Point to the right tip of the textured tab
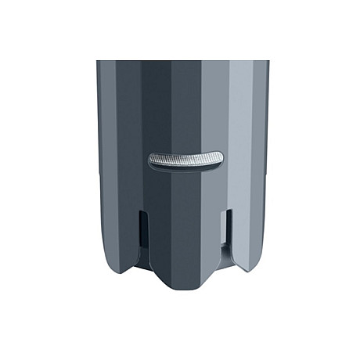(x=220, y=157)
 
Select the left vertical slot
(x=141, y=230)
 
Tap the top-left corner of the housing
(x=98, y=62)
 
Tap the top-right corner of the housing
(x=268, y=62)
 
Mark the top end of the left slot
(x=141, y=211)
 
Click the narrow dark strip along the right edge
(x=265, y=157)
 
